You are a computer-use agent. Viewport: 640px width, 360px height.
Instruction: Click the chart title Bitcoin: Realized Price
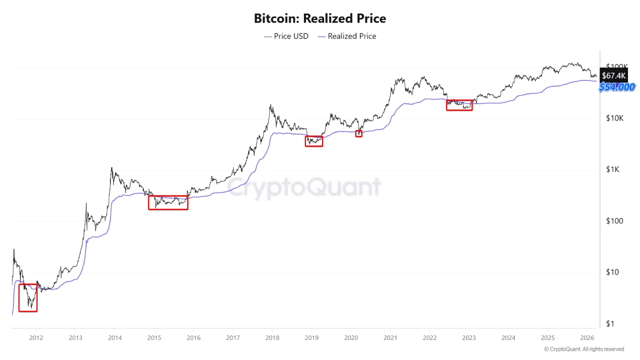tap(320, 18)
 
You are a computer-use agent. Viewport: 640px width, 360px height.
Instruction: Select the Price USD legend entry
tap(286, 36)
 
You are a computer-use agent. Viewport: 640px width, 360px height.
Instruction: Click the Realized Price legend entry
tap(347, 36)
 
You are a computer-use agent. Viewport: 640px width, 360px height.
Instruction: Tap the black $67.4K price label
tap(613, 75)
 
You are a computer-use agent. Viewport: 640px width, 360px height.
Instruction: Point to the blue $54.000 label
tap(617, 87)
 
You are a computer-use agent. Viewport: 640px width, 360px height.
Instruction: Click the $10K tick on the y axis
tap(615, 118)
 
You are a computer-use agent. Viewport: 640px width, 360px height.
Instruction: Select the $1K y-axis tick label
tap(612, 169)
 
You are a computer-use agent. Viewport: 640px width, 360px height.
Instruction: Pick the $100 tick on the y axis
tap(614, 221)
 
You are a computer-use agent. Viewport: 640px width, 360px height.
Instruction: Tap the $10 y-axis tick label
tap(612, 272)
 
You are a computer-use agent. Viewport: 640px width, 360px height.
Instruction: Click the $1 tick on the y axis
tap(610, 323)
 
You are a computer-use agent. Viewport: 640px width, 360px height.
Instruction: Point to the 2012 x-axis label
tap(36, 337)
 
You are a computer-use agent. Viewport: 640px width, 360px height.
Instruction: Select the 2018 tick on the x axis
tap(272, 337)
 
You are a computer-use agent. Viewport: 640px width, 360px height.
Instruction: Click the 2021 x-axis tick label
tap(390, 337)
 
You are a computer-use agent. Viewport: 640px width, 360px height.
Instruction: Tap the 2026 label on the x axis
tap(586, 337)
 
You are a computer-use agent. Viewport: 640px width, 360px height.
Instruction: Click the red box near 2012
tap(28, 297)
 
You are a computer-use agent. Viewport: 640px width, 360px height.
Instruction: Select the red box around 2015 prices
tap(168, 202)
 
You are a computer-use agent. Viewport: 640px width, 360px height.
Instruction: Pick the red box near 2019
tap(314, 141)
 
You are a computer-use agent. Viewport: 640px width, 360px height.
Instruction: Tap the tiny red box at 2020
tap(358, 133)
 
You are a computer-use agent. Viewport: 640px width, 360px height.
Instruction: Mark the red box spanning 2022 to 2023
tap(459, 105)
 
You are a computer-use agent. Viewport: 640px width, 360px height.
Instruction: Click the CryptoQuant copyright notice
tap(583, 349)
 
